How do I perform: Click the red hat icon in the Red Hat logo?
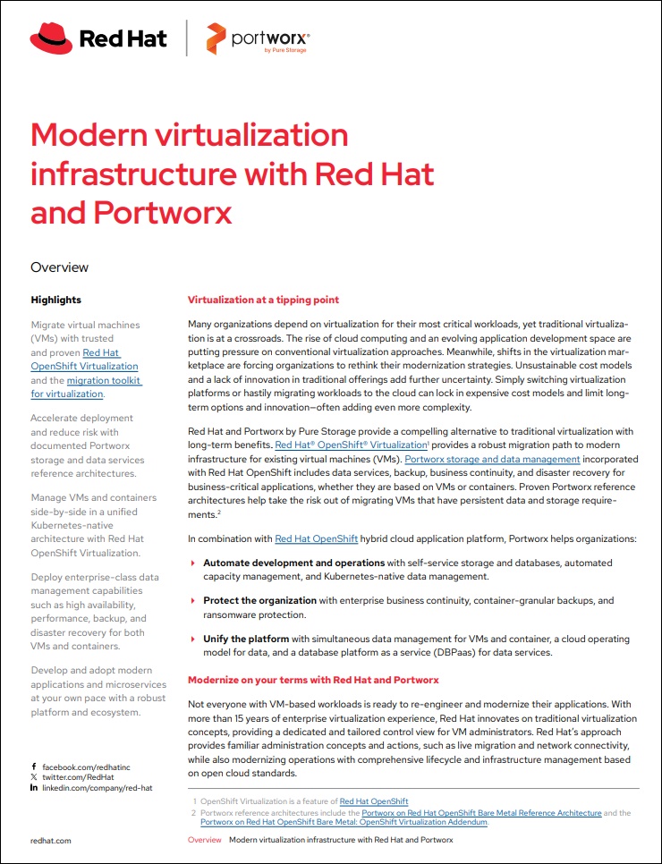tap(52, 38)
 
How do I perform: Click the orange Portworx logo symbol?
tap(214, 39)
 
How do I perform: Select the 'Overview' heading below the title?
tap(59, 267)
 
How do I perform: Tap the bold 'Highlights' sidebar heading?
tap(55, 300)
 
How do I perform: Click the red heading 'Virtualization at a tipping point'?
tap(263, 300)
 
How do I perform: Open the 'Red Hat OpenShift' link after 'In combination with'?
tap(317, 539)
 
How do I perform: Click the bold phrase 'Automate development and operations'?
tap(293, 563)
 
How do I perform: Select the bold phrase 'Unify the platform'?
tap(246, 640)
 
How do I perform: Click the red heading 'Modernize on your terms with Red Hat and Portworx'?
tap(312, 681)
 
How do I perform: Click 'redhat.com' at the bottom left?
tap(50, 840)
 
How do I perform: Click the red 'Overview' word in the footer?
tap(204, 840)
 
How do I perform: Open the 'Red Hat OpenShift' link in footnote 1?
tap(374, 801)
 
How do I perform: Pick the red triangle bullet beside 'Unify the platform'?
tap(193, 640)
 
